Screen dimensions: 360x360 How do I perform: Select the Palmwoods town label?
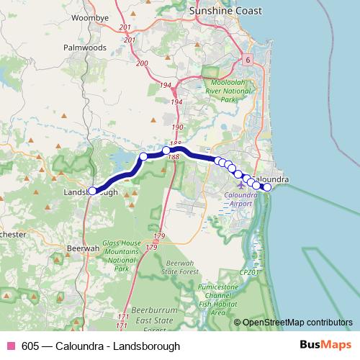[x=85, y=48]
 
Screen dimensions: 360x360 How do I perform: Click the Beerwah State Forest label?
[x=180, y=268]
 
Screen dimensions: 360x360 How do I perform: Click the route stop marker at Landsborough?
[x=92, y=191]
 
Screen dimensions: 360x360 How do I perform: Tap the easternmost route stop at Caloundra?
[x=267, y=187]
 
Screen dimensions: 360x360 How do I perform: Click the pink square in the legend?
[x=10, y=346]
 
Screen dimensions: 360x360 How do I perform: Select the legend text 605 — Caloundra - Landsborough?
[x=101, y=346]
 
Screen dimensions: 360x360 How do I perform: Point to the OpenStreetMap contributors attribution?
[x=297, y=323]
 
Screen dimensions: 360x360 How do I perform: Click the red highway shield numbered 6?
[x=247, y=60]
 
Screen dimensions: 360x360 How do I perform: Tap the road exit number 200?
[x=142, y=64]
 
